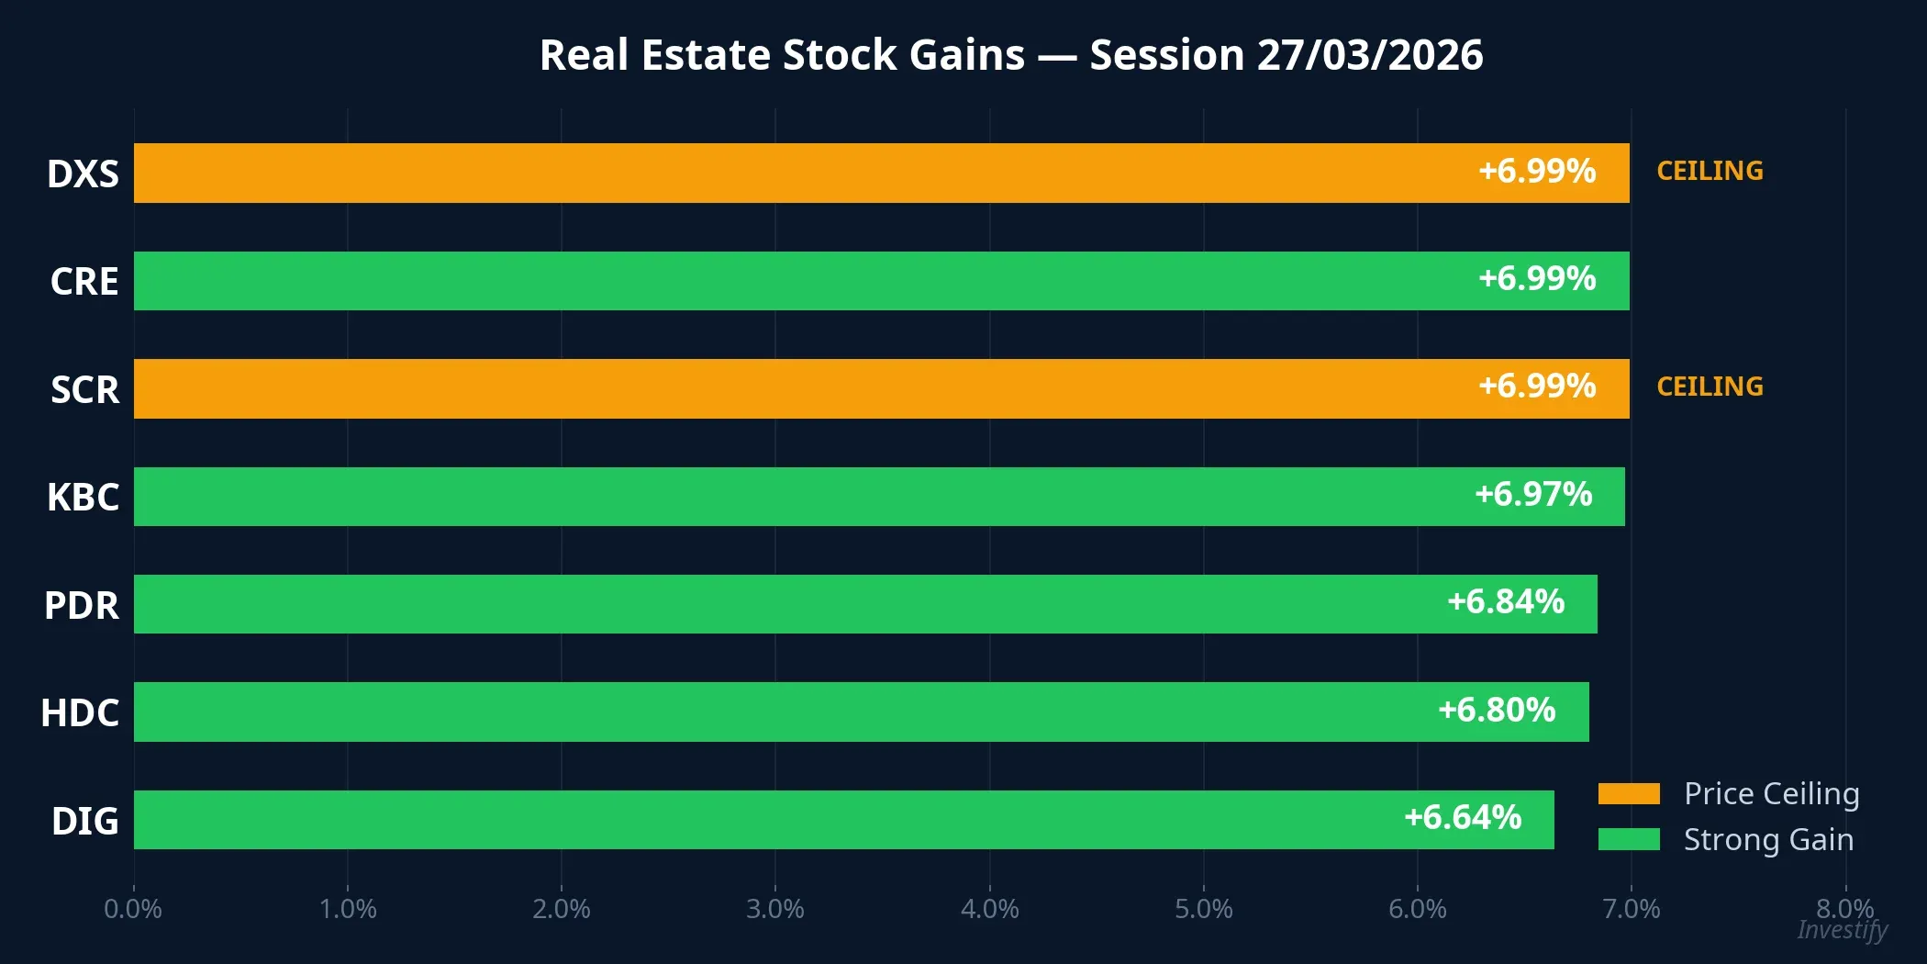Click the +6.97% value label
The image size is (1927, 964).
point(1533,495)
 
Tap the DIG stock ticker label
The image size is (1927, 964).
point(84,821)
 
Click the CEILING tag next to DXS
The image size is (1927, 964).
point(1710,171)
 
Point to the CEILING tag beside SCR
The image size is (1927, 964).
point(1710,387)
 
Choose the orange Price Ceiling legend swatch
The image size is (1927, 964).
point(1628,793)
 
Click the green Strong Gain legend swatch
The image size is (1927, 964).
point(1628,839)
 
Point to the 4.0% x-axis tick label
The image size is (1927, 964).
point(989,909)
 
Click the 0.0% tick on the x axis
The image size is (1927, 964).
point(133,909)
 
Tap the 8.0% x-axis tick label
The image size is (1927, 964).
point(1844,908)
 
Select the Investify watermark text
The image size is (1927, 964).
point(1842,930)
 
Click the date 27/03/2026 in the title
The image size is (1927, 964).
point(1369,55)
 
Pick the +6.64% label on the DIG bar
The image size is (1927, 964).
point(1463,817)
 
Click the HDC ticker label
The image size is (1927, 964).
point(80,713)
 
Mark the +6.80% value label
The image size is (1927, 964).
point(1497,710)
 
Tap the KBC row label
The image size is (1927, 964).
point(83,498)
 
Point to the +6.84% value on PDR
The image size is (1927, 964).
point(1506,602)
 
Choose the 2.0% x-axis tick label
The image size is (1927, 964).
point(561,909)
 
